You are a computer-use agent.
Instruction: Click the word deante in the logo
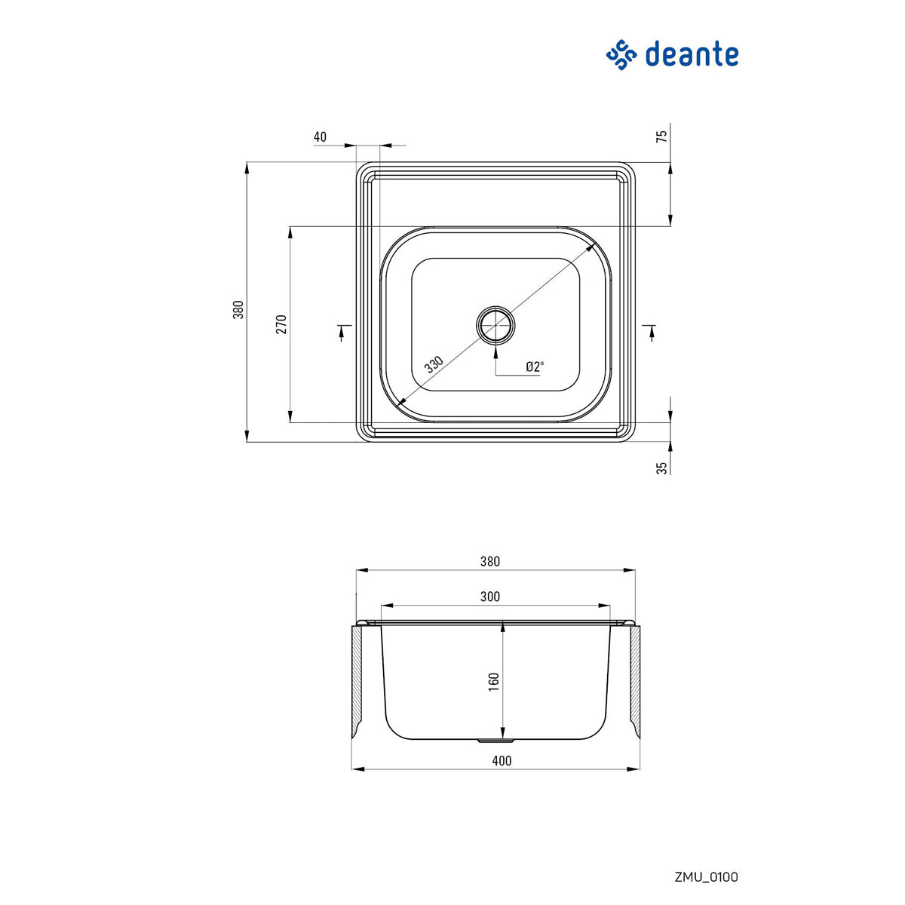[692, 55]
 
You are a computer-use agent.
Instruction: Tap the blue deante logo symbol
[622, 55]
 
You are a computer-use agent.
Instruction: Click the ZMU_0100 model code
[706, 876]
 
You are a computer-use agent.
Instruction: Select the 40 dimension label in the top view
[320, 137]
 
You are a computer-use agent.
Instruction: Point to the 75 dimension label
[662, 137]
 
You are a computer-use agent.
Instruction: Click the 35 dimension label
[662, 468]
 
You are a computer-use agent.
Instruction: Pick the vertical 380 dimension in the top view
[238, 309]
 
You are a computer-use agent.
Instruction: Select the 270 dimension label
[281, 324]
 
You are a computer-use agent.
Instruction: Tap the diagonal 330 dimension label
[434, 364]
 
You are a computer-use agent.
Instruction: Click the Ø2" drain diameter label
[535, 367]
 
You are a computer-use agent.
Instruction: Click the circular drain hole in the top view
[495, 325]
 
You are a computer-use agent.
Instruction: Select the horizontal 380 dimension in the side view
[490, 561]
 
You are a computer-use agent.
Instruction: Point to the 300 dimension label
[490, 597]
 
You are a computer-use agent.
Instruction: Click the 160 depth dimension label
[494, 681]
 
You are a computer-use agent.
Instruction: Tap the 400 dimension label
[502, 760]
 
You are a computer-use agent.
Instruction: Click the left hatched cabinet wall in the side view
[357, 679]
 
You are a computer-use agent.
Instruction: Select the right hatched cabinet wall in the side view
[635, 679]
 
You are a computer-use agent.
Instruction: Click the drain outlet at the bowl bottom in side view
[495, 741]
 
